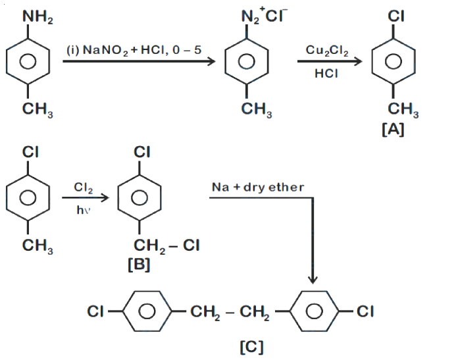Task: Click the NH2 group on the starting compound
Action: [x=38, y=16]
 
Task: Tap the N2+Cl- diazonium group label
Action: [x=264, y=15]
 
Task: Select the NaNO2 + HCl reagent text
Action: [x=134, y=50]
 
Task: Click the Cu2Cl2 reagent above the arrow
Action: [x=326, y=51]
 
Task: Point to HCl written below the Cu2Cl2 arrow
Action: [x=326, y=73]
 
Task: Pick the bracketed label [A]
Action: [x=393, y=129]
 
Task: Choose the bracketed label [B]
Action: [x=139, y=265]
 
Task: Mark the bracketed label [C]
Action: [x=251, y=347]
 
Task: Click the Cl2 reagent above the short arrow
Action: [x=83, y=188]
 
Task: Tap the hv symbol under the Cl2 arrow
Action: [x=83, y=210]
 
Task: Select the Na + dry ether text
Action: [x=258, y=187]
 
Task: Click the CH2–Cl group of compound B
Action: [x=166, y=245]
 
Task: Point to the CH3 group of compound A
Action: [x=403, y=110]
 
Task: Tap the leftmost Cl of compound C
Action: [x=95, y=311]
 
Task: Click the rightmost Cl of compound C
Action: [x=365, y=311]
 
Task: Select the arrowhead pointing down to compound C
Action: [x=313, y=280]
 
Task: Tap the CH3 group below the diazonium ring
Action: [x=257, y=110]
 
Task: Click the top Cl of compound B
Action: [x=142, y=152]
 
